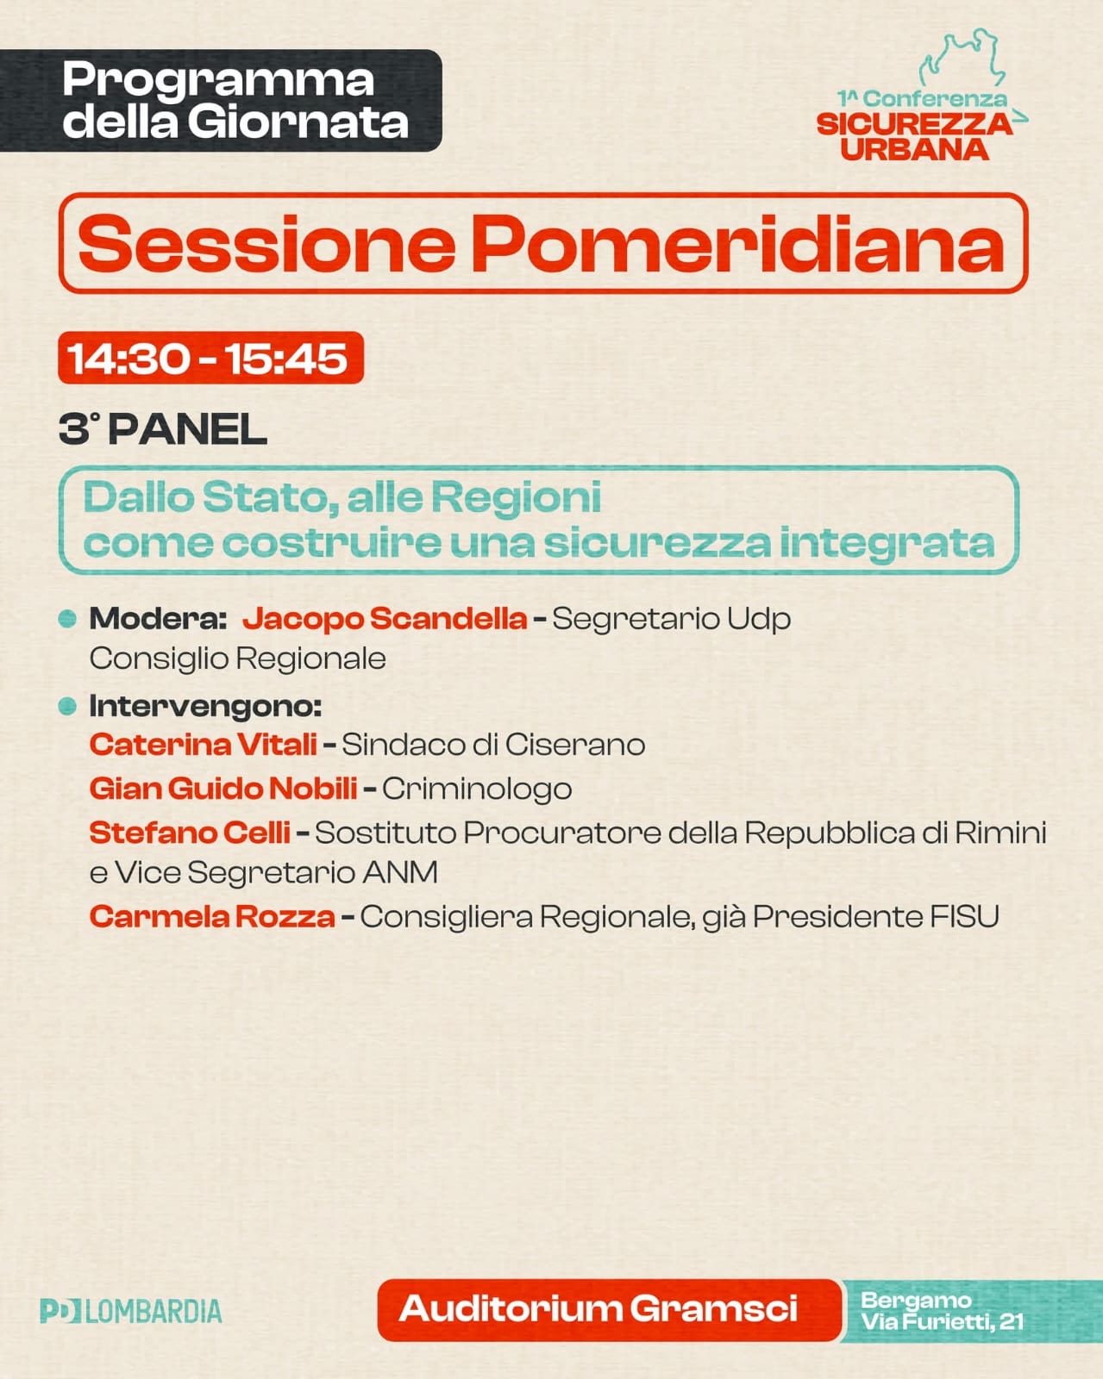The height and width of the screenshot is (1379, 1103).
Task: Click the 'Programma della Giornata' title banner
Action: pyautogui.click(x=221, y=101)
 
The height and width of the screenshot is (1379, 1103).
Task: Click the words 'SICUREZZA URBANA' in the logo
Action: pyautogui.click(x=914, y=136)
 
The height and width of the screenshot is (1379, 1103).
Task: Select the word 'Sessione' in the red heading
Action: pyautogui.click(x=266, y=244)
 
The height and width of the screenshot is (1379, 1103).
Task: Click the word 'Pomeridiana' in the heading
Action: pyautogui.click(x=738, y=244)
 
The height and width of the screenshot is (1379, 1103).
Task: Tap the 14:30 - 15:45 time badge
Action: pyautogui.click(x=211, y=358)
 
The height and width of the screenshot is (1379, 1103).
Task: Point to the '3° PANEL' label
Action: pyautogui.click(x=163, y=428)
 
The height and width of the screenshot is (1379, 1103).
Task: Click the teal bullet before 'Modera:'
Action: pyautogui.click(x=67, y=618)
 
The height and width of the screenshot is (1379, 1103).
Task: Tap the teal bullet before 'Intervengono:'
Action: pyautogui.click(x=67, y=706)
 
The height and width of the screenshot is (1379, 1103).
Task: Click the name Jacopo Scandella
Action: pyautogui.click(x=385, y=618)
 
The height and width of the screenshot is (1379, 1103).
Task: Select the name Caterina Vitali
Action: pyautogui.click(x=204, y=745)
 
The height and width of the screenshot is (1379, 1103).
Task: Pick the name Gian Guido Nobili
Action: pyautogui.click(x=223, y=788)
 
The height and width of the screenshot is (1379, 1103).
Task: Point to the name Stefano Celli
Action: pyautogui.click(x=190, y=833)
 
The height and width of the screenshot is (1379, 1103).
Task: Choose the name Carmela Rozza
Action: pyautogui.click(x=212, y=916)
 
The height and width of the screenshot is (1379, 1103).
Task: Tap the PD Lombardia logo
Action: pyautogui.click(x=131, y=1311)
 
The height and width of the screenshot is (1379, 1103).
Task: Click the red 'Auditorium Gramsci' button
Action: pyautogui.click(x=609, y=1310)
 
